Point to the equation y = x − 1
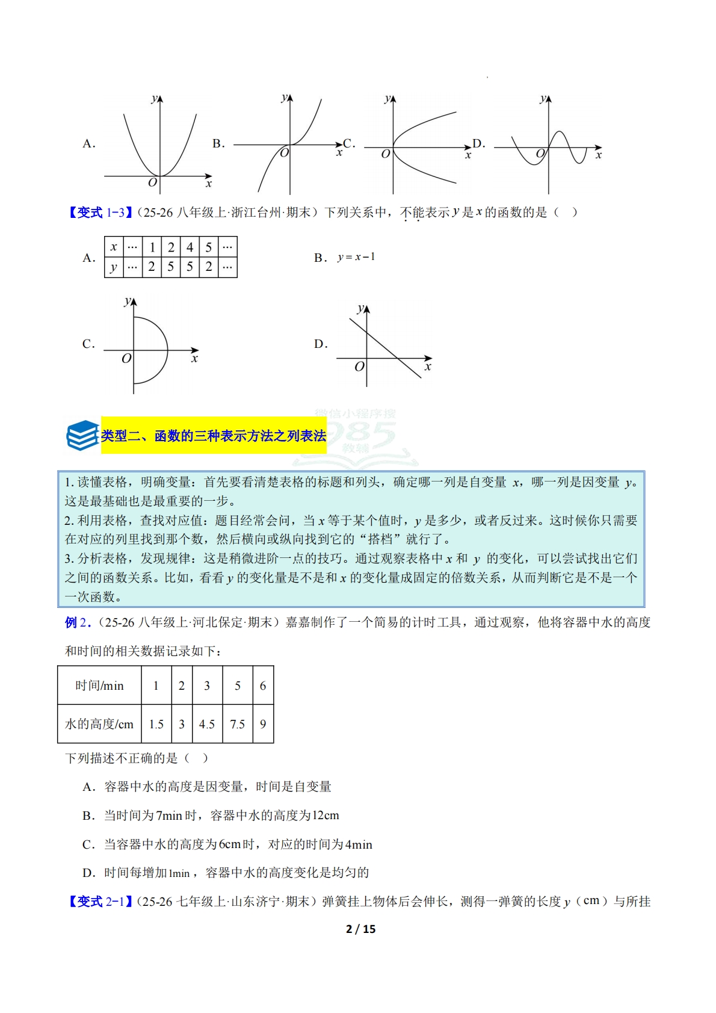pos(356,257)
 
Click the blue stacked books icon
pos(82,435)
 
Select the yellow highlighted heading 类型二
pos(214,435)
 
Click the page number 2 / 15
pos(360,929)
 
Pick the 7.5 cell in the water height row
pos(238,724)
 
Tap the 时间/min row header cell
pos(99,686)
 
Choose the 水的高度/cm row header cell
pos(99,724)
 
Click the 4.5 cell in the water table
pos(207,724)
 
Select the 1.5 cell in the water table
pos(156,724)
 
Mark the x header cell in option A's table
pos(114,247)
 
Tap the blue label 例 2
pos(78,622)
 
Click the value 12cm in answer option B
pos(326,816)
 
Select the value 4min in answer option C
pos(359,844)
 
